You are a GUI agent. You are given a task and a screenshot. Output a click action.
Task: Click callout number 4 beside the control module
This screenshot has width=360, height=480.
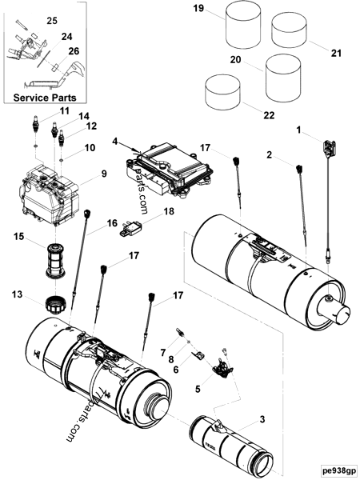tap(115, 142)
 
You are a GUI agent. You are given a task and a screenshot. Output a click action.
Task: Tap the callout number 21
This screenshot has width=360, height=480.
tap(336, 53)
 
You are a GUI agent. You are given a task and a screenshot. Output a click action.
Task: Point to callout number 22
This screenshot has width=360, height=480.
tap(269, 115)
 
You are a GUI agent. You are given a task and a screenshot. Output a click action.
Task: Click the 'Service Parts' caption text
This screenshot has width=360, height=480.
tap(47, 97)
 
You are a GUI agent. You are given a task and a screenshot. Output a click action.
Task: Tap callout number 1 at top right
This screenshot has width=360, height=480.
tap(300, 129)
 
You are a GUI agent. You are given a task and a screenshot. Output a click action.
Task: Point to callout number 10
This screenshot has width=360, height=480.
tap(90, 147)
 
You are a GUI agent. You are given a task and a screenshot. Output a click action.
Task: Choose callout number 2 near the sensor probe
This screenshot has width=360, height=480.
tap(270, 154)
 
